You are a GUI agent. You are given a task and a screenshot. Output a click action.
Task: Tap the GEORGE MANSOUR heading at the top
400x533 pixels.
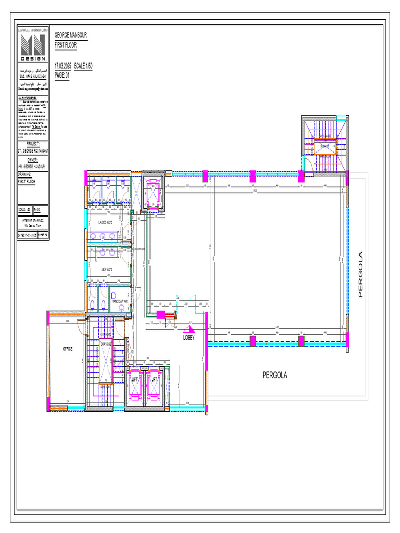tap(71, 35)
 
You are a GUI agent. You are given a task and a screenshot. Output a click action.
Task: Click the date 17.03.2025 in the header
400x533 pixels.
tap(63, 66)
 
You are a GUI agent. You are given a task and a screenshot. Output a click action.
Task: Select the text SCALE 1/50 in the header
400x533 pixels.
tap(83, 66)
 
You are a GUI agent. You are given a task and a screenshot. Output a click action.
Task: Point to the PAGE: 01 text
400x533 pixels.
tap(61, 75)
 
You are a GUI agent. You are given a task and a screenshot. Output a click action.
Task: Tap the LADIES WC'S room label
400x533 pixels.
tap(106, 222)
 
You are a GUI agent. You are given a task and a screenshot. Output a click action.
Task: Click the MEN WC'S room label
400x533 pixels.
tap(107, 269)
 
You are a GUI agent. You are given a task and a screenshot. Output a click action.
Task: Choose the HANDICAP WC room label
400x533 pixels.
tap(119, 301)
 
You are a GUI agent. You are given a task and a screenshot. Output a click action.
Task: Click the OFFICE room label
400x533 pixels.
tap(68, 349)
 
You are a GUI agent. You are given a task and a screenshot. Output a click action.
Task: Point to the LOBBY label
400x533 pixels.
tap(189, 338)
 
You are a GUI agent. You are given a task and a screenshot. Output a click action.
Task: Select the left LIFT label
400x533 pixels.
tap(135, 380)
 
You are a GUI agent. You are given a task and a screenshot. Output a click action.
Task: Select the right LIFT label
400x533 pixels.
tap(154, 380)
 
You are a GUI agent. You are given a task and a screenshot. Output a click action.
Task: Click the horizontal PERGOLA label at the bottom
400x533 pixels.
tap(274, 375)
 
